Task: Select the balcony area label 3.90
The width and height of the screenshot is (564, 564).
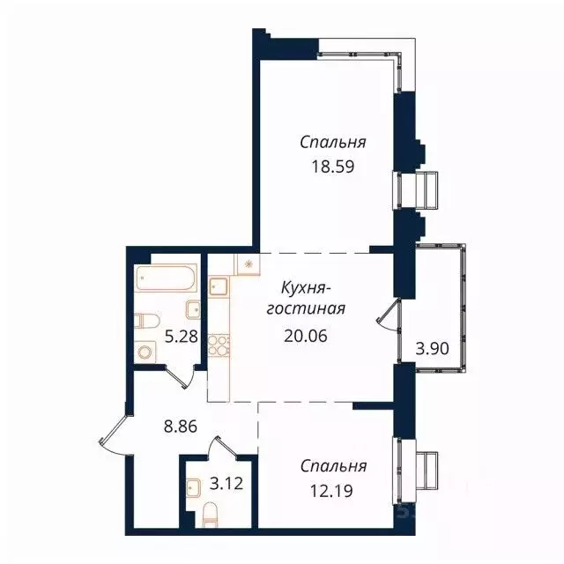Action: pyautogui.click(x=432, y=347)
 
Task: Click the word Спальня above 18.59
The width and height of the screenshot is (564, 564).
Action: pyautogui.click(x=332, y=142)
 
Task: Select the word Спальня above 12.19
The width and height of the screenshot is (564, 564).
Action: pyautogui.click(x=332, y=465)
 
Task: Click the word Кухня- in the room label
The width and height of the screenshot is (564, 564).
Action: pyautogui.click(x=306, y=287)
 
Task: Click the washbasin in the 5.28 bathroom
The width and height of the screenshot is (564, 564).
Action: pyautogui.click(x=193, y=309)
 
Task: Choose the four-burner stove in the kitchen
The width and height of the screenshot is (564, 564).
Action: pyautogui.click(x=218, y=344)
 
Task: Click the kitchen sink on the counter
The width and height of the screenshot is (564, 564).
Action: pyautogui.click(x=219, y=286)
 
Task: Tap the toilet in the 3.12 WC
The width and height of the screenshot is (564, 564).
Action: pyautogui.click(x=210, y=513)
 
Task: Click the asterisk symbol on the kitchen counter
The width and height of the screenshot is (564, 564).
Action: pyautogui.click(x=248, y=263)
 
